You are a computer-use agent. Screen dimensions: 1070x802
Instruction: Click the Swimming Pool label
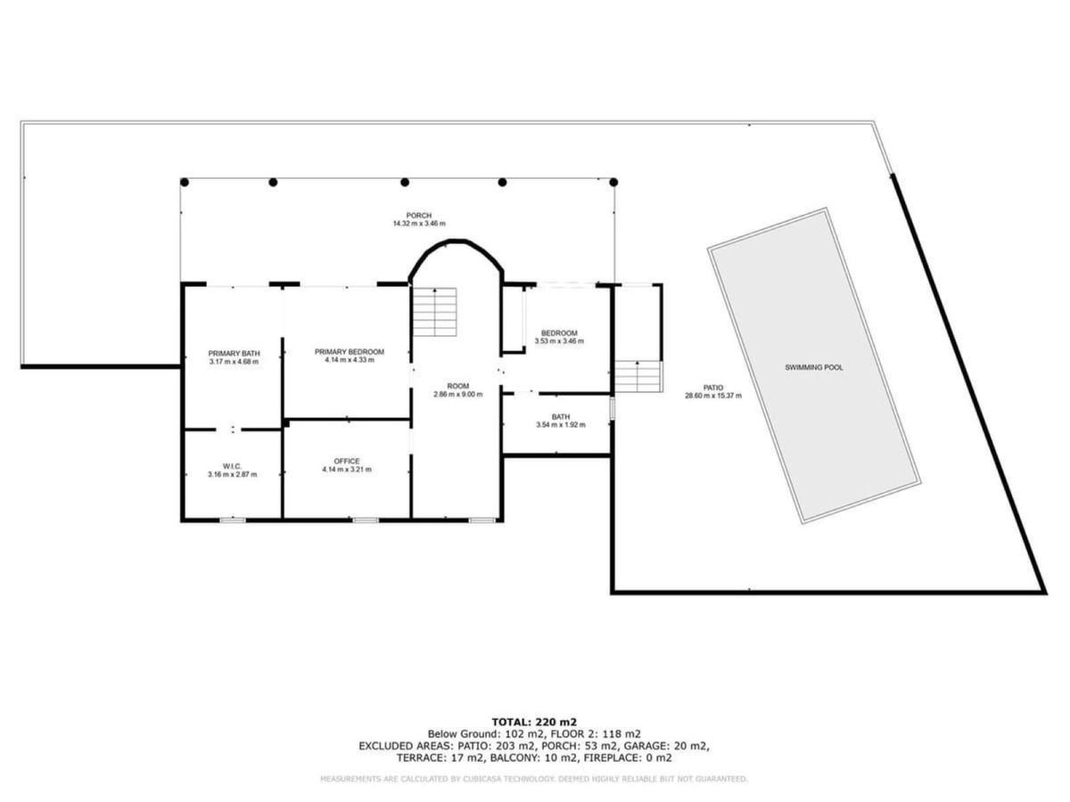click(x=813, y=368)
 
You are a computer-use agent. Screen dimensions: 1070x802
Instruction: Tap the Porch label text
click(x=419, y=216)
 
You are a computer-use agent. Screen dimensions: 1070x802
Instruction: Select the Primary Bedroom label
click(x=349, y=352)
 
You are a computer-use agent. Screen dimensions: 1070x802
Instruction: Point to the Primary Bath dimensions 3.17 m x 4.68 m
click(x=234, y=362)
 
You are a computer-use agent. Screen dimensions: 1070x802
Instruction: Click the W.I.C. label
click(x=232, y=466)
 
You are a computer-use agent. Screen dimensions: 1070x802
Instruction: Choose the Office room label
click(x=347, y=461)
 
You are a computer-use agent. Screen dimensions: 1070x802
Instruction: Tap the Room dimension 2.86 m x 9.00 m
click(x=457, y=395)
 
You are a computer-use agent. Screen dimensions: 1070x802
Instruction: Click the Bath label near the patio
click(x=561, y=417)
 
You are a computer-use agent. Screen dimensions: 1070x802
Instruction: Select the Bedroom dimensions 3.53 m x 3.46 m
click(x=559, y=341)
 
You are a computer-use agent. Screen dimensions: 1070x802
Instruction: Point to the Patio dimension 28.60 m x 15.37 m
click(x=713, y=396)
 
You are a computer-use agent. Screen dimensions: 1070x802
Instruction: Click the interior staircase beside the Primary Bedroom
click(x=435, y=312)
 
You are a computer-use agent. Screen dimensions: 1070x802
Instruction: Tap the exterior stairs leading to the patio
click(x=638, y=376)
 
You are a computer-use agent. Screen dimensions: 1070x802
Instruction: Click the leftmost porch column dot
click(x=185, y=182)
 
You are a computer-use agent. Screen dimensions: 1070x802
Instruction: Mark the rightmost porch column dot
click(x=613, y=182)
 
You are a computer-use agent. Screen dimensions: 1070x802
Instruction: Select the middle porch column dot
click(x=405, y=182)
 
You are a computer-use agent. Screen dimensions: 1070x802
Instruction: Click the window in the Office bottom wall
click(x=366, y=520)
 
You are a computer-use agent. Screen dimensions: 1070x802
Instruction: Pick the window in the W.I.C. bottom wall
click(x=233, y=520)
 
